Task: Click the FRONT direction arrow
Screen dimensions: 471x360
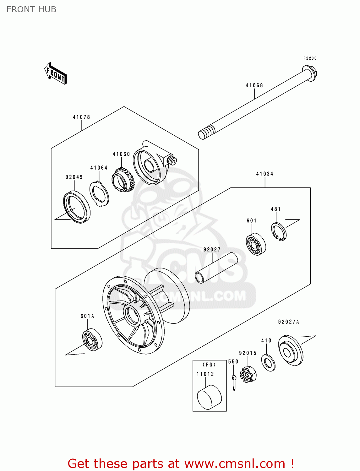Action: pyautogui.click(x=56, y=73)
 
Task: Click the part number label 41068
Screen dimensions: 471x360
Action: pyautogui.click(x=254, y=85)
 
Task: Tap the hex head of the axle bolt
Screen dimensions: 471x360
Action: pyautogui.click(x=310, y=73)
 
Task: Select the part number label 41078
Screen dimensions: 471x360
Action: pyautogui.click(x=81, y=117)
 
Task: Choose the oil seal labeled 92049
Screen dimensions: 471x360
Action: pyautogui.click(x=76, y=207)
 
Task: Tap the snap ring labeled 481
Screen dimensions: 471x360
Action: pyautogui.click(x=279, y=232)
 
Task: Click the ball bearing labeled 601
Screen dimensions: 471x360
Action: pyautogui.click(x=255, y=244)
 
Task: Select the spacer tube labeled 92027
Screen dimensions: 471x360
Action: pyautogui.click(x=216, y=268)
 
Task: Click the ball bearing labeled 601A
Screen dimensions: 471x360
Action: pyautogui.click(x=92, y=340)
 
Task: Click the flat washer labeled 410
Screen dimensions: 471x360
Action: pyautogui.click(x=268, y=362)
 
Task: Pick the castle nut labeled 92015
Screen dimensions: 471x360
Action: pyautogui.click(x=248, y=374)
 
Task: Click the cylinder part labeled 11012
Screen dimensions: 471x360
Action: pyautogui.click(x=209, y=398)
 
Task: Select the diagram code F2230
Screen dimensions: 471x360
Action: pyautogui.click(x=310, y=58)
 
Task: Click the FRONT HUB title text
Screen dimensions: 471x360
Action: pyautogui.click(x=31, y=9)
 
